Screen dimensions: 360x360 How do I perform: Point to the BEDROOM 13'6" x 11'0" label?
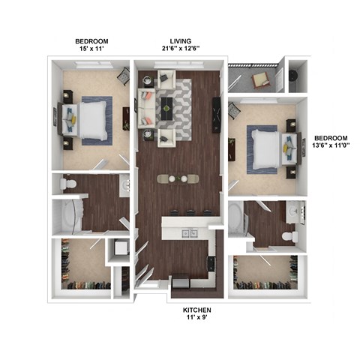[x=331, y=143]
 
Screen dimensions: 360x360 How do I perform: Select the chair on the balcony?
[x=261, y=78]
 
